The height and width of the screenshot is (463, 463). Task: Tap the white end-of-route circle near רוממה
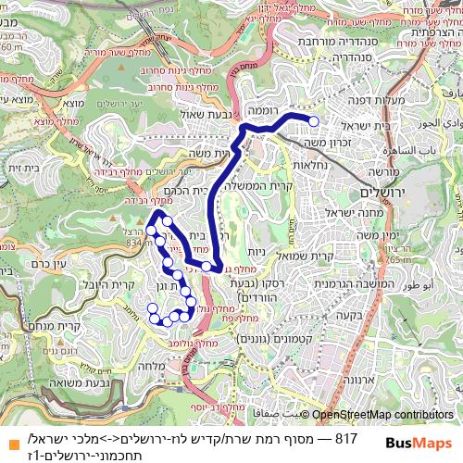click(x=313, y=121)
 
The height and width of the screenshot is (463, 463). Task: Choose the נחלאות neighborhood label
click(x=310, y=163)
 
